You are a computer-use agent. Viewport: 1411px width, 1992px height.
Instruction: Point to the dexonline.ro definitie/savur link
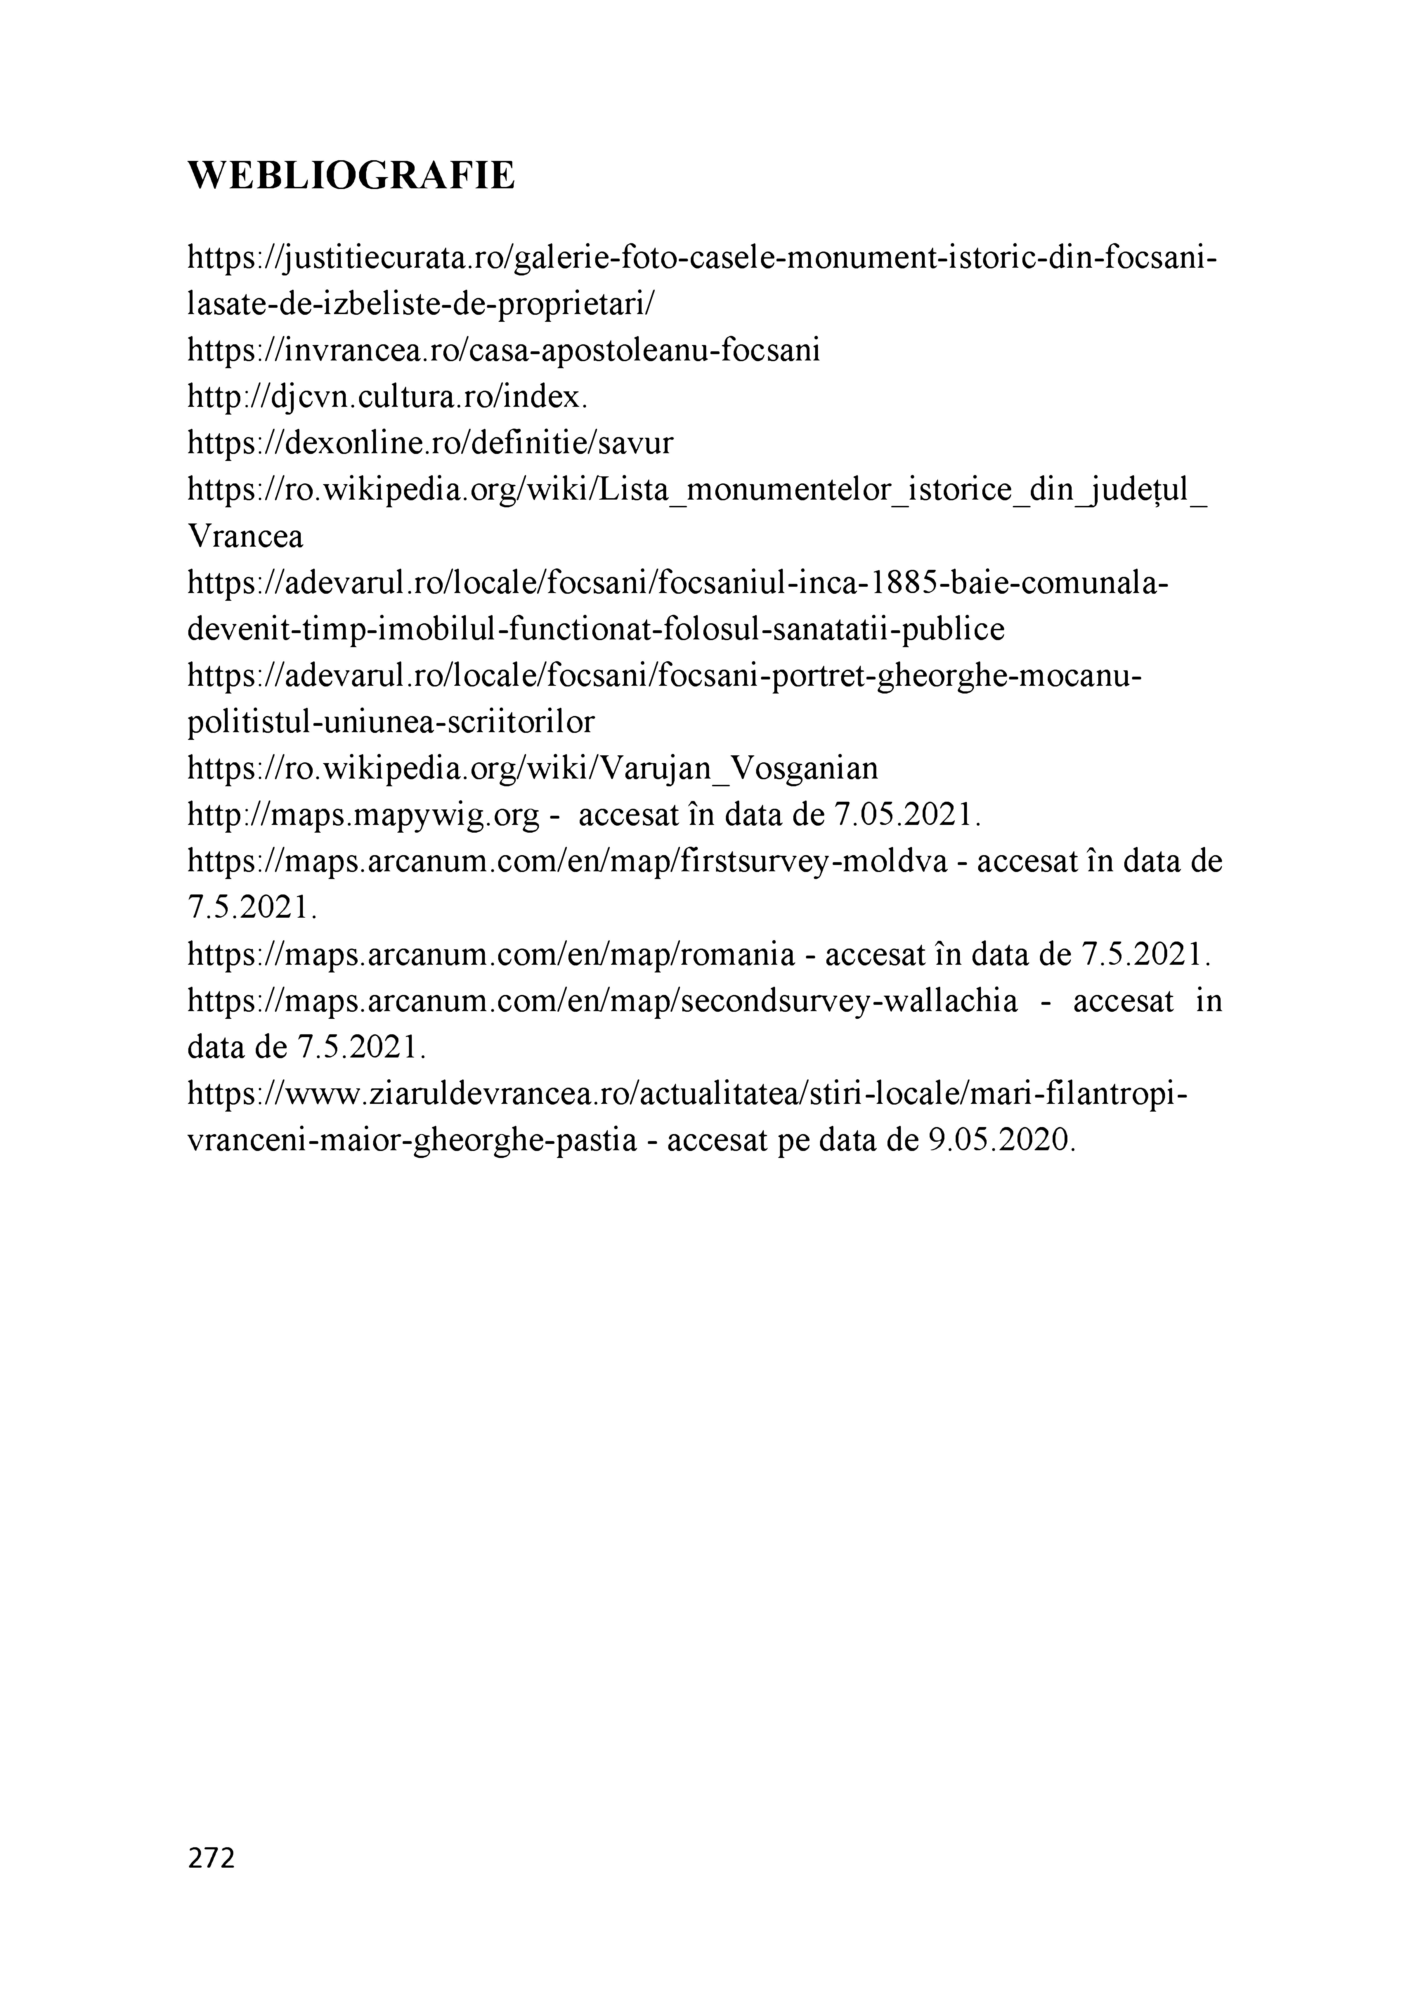430,444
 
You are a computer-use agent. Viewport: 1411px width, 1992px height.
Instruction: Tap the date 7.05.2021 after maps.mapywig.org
907,815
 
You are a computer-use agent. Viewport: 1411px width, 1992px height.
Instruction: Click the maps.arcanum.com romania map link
491,955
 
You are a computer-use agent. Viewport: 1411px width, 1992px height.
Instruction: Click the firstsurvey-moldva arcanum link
567,862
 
